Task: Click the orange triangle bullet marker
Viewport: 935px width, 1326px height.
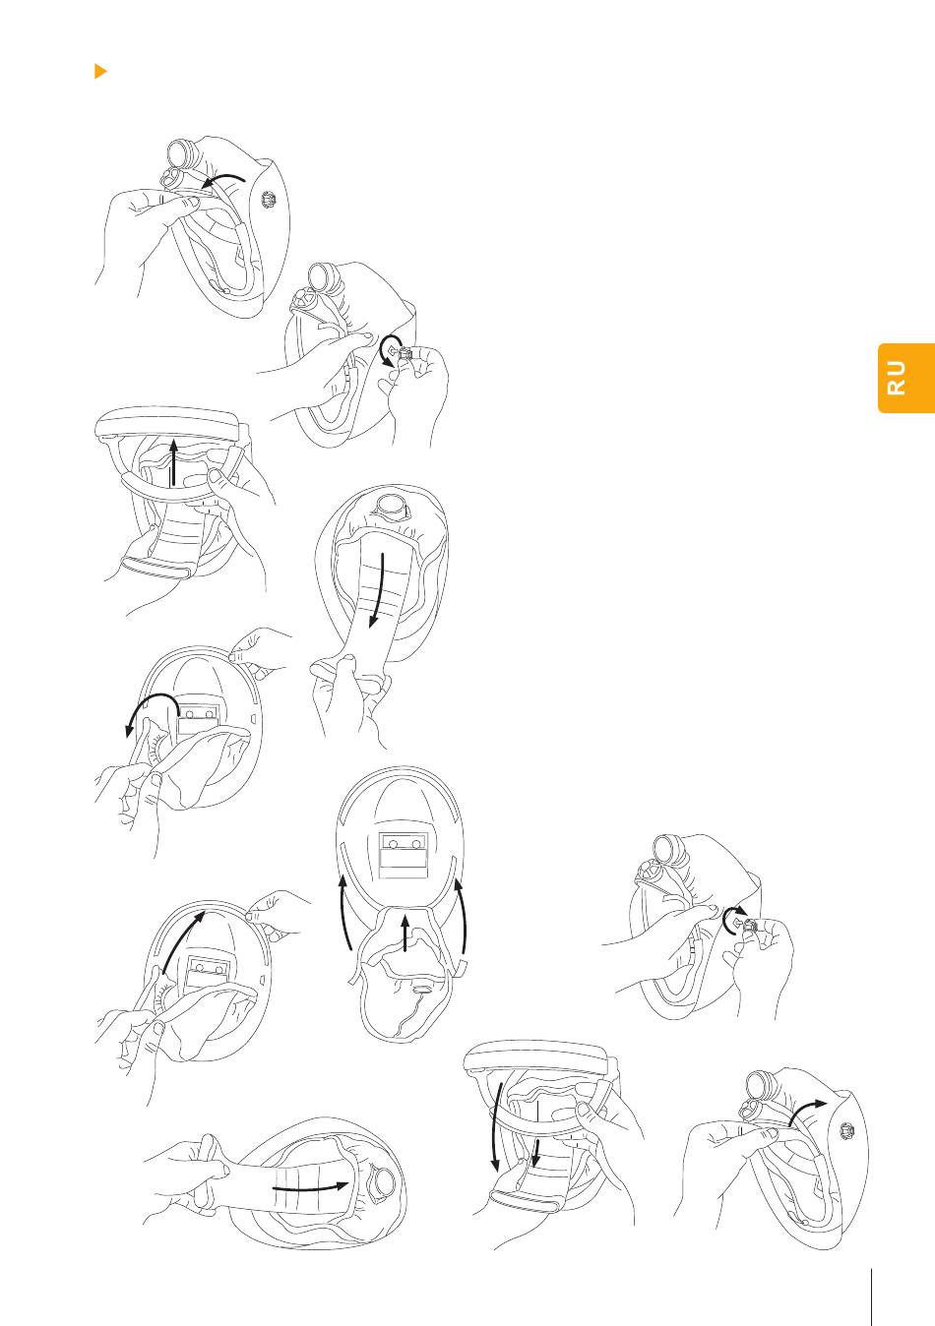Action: point(100,71)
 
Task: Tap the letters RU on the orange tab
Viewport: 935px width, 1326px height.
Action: point(897,378)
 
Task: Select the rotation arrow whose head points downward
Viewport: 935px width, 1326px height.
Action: point(388,350)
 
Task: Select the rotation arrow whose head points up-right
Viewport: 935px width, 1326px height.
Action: point(734,919)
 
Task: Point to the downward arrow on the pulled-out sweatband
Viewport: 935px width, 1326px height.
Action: point(378,590)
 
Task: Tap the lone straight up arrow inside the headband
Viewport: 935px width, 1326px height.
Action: point(173,462)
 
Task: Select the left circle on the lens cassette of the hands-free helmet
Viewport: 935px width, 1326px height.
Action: point(393,844)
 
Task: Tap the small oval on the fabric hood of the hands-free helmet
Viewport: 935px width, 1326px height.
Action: point(421,988)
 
